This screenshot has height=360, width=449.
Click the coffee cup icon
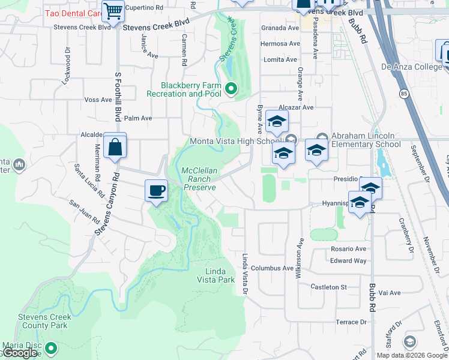point(156,191)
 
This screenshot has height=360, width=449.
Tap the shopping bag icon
point(115,146)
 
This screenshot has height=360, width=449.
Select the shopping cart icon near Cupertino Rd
point(113,11)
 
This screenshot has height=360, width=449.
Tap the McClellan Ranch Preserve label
point(199,179)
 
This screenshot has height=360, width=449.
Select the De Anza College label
point(411,67)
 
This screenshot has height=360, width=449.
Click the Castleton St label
point(328,287)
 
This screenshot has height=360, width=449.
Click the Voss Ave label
point(98,100)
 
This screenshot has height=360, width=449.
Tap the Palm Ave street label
point(138,118)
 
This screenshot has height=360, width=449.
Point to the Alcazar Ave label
point(298,107)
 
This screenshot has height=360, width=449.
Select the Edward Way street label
point(348,260)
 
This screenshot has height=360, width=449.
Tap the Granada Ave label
point(279,28)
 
